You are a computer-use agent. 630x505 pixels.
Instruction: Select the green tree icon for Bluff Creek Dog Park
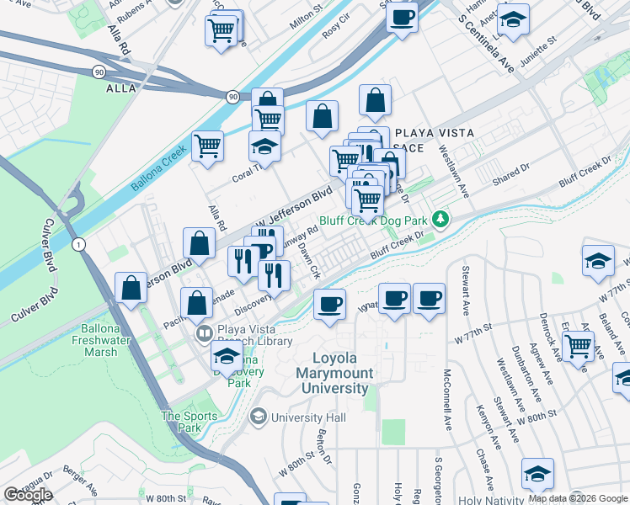(x=439, y=219)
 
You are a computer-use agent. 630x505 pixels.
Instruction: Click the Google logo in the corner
(x=28, y=495)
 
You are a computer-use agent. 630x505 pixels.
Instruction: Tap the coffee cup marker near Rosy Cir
(x=403, y=16)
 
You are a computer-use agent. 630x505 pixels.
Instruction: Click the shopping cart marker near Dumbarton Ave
(x=578, y=345)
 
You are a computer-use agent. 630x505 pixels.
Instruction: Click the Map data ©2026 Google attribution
(x=578, y=498)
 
